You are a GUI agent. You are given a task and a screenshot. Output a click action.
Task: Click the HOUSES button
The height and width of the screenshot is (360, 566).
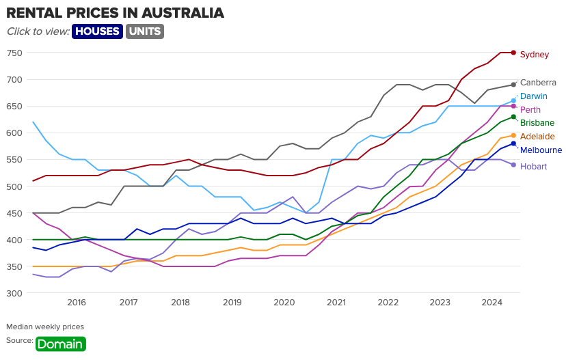coord(97,31)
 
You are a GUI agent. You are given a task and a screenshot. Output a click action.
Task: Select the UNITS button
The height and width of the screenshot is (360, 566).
coord(145,31)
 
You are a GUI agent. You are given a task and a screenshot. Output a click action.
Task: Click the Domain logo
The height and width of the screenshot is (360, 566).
coord(61,344)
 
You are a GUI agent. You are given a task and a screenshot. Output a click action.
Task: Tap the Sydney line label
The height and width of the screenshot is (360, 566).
coord(535,55)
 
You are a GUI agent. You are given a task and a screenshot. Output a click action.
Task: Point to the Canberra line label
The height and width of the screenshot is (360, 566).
coord(538,82)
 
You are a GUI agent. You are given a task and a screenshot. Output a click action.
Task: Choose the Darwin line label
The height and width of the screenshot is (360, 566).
coord(533,96)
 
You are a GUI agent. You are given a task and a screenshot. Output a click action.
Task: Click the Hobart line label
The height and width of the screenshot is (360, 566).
coord(533,166)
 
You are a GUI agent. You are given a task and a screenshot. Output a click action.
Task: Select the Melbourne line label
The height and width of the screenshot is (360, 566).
coord(541,150)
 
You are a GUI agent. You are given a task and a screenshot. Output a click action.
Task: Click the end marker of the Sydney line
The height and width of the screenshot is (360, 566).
coord(513,53)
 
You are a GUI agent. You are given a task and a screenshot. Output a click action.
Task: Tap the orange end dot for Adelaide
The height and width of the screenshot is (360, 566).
coord(513,135)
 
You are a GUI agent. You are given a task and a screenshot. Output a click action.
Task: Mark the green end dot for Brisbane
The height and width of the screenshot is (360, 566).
coord(513,117)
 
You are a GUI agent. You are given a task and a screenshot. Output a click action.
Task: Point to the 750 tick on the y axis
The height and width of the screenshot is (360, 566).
coord(14,53)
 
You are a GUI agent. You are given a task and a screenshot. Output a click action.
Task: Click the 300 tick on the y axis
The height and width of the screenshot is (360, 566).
coord(14,294)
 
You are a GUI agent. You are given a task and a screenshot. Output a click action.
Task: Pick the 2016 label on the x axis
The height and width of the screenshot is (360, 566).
coord(77,303)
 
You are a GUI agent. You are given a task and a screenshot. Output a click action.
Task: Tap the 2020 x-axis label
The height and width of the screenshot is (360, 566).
coord(284,303)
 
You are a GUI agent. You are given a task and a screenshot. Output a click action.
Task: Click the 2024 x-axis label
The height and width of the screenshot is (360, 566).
coord(491,303)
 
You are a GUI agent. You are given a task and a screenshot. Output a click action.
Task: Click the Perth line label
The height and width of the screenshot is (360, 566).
coord(530,110)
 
